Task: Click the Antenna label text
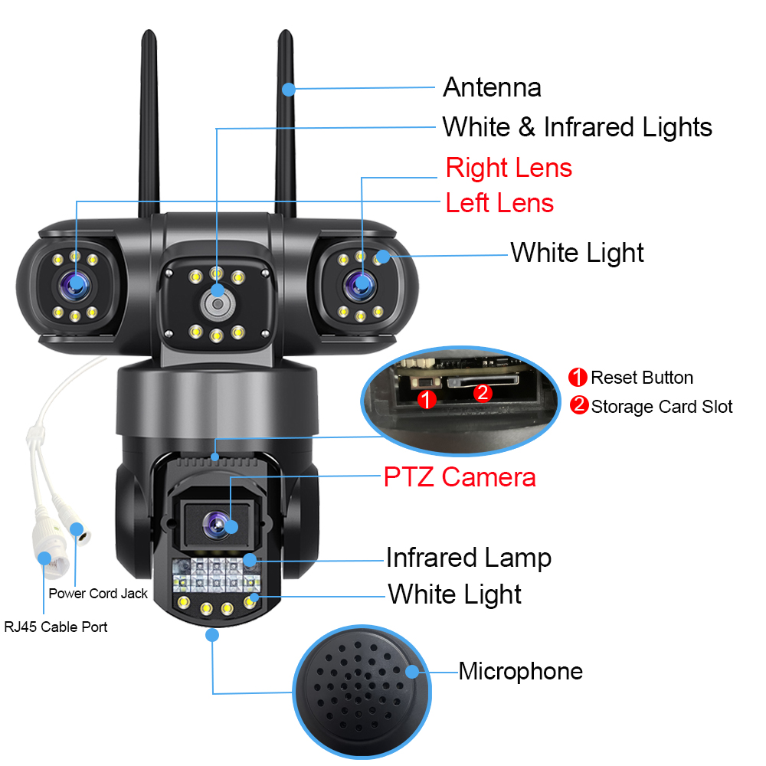(x=492, y=87)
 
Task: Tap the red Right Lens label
(x=509, y=168)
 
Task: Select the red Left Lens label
(x=499, y=203)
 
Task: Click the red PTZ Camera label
(x=460, y=477)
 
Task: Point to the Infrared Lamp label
(x=468, y=558)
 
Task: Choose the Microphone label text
(x=520, y=672)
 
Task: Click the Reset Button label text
(x=641, y=378)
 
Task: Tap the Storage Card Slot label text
(x=661, y=406)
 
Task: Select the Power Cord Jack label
(x=98, y=593)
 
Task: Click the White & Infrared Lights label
(x=577, y=127)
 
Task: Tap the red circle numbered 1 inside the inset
(x=427, y=398)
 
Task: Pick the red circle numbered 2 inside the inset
(x=482, y=393)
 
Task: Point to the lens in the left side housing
(x=77, y=285)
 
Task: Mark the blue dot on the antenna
(x=288, y=90)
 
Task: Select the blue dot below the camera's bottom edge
(x=213, y=634)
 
